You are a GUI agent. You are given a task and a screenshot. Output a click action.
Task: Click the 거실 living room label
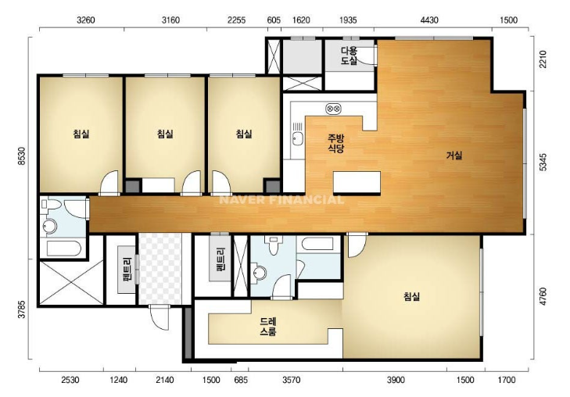(x=454, y=156)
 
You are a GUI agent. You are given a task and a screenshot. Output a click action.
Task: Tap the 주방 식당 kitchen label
(x=336, y=143)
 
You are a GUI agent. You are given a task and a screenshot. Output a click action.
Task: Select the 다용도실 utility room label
(x=349, y=55)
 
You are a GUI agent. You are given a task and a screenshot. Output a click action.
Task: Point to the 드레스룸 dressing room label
(x=268, y=326)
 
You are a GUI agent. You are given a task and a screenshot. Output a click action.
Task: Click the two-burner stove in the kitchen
(x=333, y=108)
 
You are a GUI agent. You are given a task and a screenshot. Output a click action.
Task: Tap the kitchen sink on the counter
(x=298, y=138)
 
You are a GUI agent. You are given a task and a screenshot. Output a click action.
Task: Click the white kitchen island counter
(x=357, y=183)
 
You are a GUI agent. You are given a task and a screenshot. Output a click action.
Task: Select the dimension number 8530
(x=22, y=156)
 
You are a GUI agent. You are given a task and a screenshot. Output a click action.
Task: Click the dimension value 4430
(x=429, y=20)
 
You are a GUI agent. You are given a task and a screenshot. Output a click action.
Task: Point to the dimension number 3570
(x=292, y=380)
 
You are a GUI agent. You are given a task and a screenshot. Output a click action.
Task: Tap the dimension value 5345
(x=543, y=162)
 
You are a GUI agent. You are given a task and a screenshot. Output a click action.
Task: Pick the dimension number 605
(x=274, y=20)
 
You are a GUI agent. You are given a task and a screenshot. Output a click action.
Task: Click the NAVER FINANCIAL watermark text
(x=281, y=200)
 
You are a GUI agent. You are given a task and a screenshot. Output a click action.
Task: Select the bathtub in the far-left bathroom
(x=64, y=249)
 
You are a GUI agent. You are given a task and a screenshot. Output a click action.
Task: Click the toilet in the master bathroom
(x=273, y=245)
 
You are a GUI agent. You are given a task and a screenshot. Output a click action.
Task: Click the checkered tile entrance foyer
(x=160, y=269)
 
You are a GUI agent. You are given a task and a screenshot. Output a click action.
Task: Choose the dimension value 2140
(x=165, y=380)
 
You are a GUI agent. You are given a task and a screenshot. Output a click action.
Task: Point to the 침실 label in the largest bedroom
(x=411, y=296)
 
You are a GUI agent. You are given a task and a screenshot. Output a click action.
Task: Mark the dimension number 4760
(x=543, y=296)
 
